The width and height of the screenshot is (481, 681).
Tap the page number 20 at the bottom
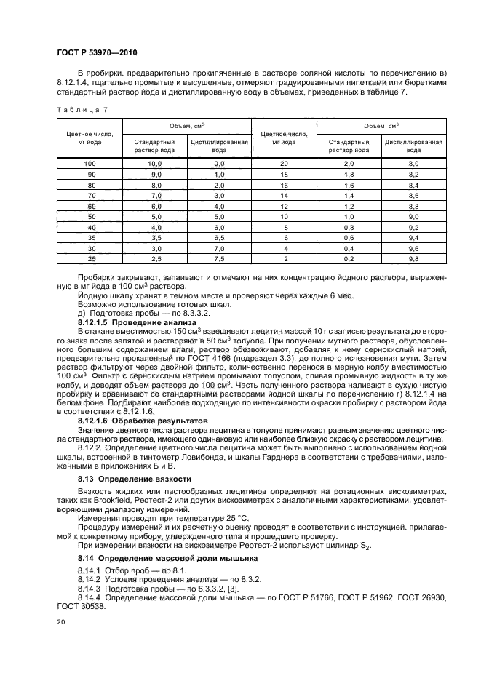[x=61, y=622]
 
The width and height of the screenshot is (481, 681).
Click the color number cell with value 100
[x=90, y=164]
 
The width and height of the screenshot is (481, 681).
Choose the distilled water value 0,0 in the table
[x=219, y=164]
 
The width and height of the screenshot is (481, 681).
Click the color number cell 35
[x=90, y=237]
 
